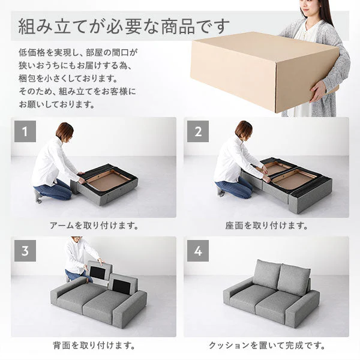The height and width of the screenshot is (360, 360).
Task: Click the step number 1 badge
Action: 25,131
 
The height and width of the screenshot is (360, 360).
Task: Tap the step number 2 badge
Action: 197,131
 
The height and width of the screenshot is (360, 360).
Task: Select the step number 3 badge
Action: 25,251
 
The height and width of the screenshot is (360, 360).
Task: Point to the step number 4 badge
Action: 197,251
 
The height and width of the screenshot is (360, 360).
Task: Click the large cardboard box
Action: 264,71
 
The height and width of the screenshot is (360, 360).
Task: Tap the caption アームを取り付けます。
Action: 94,226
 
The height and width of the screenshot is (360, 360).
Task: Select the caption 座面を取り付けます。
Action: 266,226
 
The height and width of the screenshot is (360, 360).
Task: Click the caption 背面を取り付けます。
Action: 94,345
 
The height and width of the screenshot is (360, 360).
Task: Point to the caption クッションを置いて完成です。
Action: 267,345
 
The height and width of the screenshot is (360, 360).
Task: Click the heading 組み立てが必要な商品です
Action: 124,26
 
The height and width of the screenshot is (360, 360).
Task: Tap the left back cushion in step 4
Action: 266,274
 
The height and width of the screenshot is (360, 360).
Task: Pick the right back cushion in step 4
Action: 293,280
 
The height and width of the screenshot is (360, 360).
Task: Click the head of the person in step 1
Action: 65,131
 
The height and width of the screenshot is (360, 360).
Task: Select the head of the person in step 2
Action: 244,130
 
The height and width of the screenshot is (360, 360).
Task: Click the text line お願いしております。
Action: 57,104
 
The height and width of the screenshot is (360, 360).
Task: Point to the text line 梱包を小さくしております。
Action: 68,79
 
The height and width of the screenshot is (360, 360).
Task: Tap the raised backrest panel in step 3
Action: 99,271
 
